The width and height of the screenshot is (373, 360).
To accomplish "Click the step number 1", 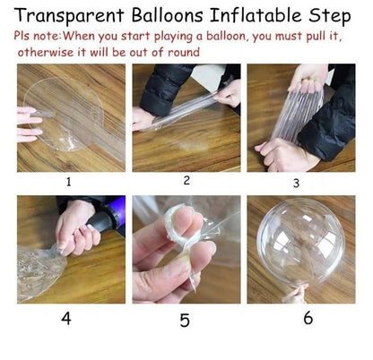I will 66,181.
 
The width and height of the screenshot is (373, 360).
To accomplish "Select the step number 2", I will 186,180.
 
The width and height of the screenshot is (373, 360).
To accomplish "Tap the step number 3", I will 296,183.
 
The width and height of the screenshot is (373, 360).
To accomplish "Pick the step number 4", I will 66,318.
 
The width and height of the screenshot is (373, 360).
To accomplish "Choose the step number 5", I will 185,320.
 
